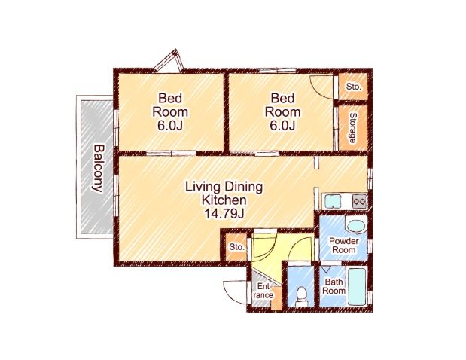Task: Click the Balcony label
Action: tap(98, 168)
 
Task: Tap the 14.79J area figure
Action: tap(224, 213)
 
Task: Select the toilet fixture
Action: tap(301, 296)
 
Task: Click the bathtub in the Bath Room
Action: tap(356, 287)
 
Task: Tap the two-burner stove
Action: tap(359, 201)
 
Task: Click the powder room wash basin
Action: tap(356, 226)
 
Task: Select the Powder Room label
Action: tap(343, 246)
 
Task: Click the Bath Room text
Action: tap(334, 286)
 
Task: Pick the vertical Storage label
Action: tap(353, 128)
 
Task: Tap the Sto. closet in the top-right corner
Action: tap(353, 87)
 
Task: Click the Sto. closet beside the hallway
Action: tap(237, 247)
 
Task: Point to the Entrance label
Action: tap(264, 291)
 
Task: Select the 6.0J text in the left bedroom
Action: tap(169, 126)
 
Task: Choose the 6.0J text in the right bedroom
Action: tap(282, 126)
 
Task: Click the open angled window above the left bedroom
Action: tap(169, 62)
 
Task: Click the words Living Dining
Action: tap(224, 187)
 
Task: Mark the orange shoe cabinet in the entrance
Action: tap(276, 298)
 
